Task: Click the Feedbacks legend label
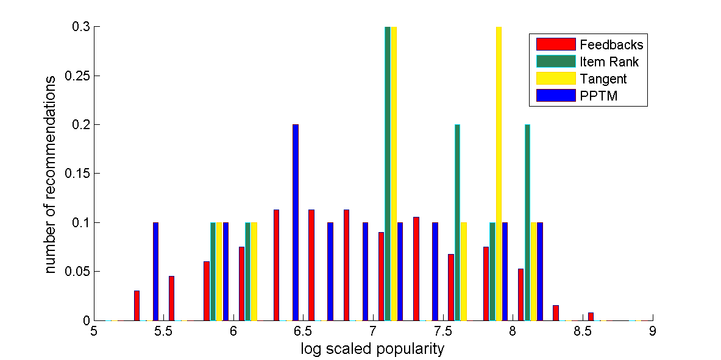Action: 611,44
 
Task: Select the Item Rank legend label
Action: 609,62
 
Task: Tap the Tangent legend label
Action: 603,79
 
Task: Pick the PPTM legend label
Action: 598,96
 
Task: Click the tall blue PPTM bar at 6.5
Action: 296,222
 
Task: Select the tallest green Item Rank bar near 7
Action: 388,174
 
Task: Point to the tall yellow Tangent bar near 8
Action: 499,174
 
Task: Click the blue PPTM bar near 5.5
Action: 155,271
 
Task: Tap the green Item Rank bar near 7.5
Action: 457,222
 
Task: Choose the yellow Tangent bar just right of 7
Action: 394,174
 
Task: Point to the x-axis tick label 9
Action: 653,332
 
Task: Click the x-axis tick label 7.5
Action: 443,332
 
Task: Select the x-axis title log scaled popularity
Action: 372,349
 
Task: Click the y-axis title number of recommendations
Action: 52,174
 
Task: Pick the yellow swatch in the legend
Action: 556,79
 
